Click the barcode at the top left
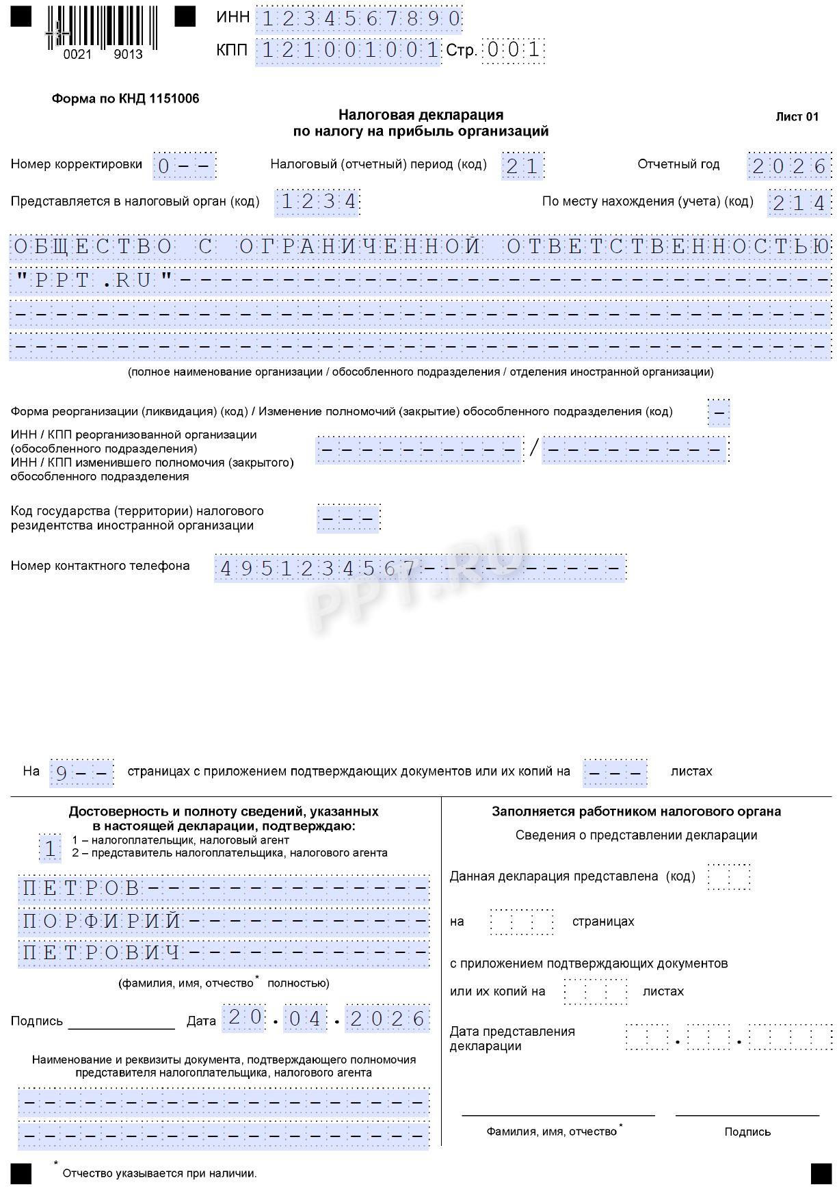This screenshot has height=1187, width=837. [x=103, y=27]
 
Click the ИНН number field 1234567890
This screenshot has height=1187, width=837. [x=360, y=20]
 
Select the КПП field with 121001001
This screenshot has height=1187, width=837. [x=349, y=50]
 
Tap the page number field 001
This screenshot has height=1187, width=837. [x=513, y=50]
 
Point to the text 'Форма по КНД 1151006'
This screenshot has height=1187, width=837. [x=125, y=99]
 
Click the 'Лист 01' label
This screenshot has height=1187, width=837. [x=797, y=116]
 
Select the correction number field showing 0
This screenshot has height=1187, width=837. [x=184, y=166]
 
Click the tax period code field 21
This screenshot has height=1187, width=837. [x=522, y=166]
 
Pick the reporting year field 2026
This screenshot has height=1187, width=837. [x=790, y=166]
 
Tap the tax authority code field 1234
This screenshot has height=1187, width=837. [x=318, y=202]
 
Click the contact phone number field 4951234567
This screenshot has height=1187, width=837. [x=318, y=569]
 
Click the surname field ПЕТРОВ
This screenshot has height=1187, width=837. [x=82, y=888]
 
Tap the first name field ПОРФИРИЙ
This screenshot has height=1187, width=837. [x=103, y=921]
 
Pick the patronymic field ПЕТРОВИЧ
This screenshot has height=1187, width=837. [x=103, y=953]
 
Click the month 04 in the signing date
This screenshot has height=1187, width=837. [x=304, y=1019]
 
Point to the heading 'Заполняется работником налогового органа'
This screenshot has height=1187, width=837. [x=636, y=812]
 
